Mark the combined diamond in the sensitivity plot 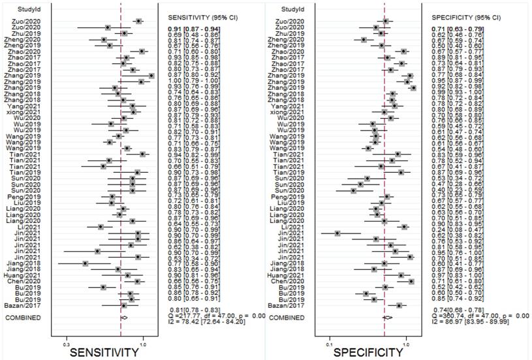tap(124, 318)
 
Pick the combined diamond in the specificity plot tap(387, 318)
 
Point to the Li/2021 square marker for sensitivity tap(101, 226)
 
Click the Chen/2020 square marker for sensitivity tap(137, 281)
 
